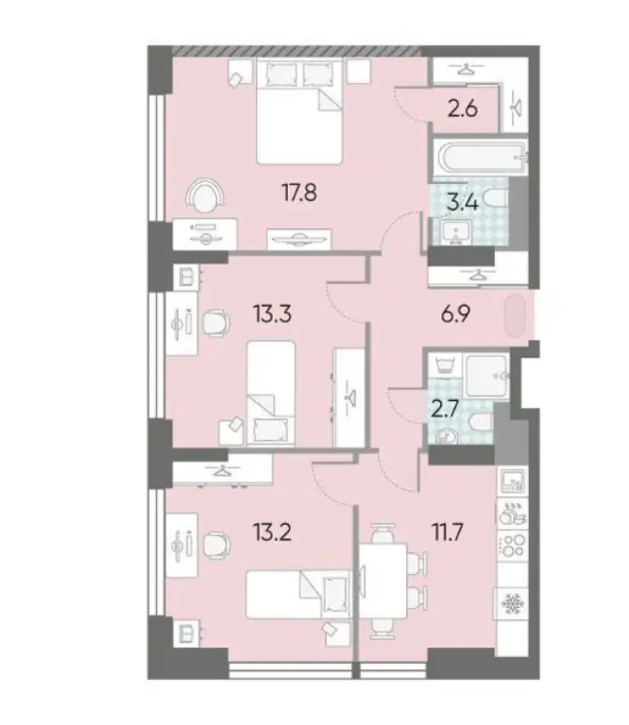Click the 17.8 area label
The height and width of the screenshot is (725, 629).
coord(296,194)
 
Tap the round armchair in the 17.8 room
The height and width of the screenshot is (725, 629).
coord(205,196)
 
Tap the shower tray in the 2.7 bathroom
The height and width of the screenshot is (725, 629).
coord(486,374)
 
